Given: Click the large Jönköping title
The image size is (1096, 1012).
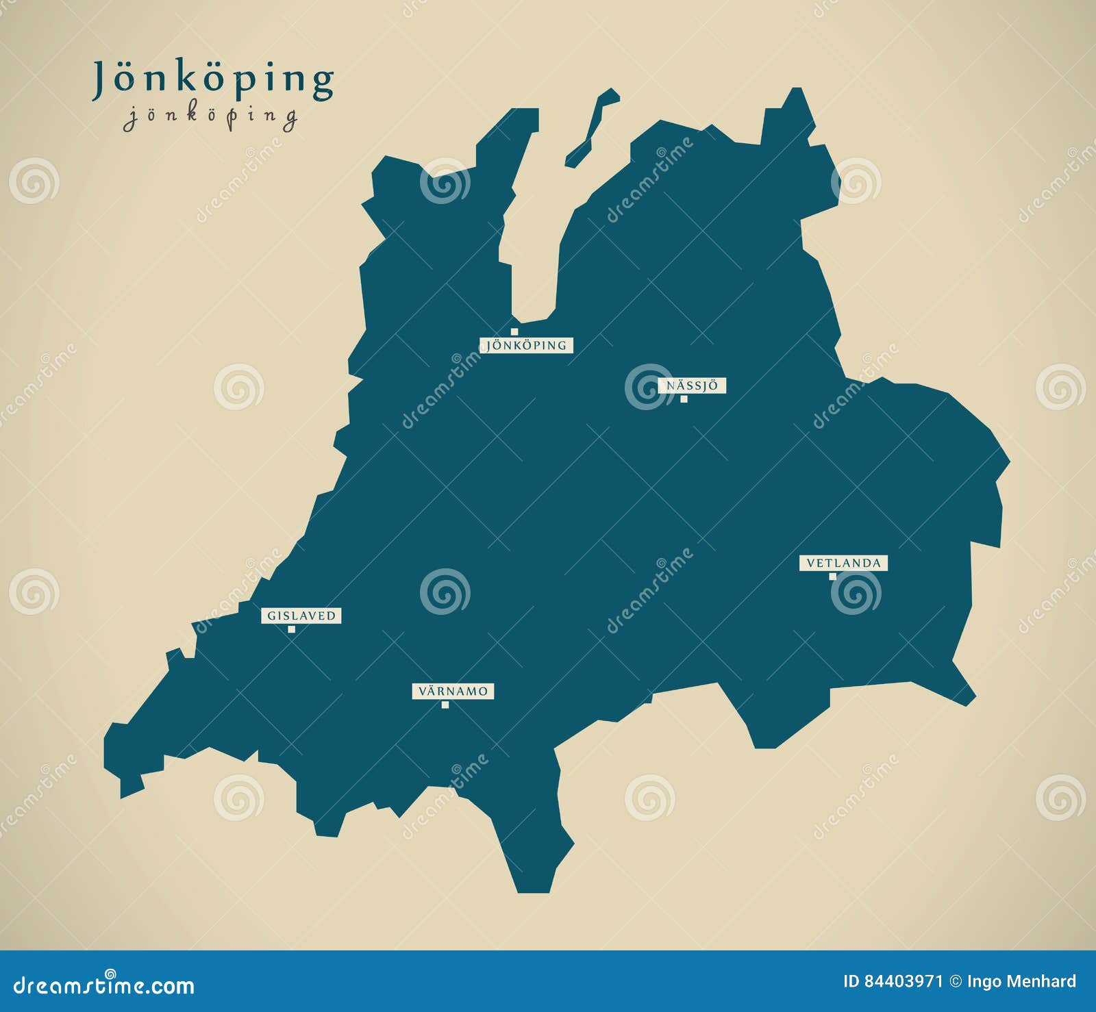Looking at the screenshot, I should point(213,79).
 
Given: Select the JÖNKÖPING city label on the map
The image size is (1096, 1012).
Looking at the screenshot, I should point(527,345).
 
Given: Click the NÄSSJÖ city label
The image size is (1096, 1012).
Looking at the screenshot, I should point(692,385).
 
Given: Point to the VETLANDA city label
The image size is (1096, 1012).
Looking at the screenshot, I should point(843,563).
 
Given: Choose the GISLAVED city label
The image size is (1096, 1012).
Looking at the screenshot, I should point(301,616).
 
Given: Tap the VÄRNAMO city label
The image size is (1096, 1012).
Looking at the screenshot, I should point(453,691).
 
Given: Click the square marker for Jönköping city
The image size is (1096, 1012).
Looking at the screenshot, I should point(514,332).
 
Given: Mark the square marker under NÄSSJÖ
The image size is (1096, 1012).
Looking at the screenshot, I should point(684,399).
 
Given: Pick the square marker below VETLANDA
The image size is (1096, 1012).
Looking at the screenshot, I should point(833,577).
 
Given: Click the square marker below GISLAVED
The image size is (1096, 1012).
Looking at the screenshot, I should point(292,629).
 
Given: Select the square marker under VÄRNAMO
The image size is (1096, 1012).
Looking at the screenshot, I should point(445,705).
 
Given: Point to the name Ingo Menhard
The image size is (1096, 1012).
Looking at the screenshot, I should point(1021,982).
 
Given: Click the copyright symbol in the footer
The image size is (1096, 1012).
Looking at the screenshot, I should point(954,982).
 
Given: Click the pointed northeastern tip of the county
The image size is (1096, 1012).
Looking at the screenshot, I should point(796,92).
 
